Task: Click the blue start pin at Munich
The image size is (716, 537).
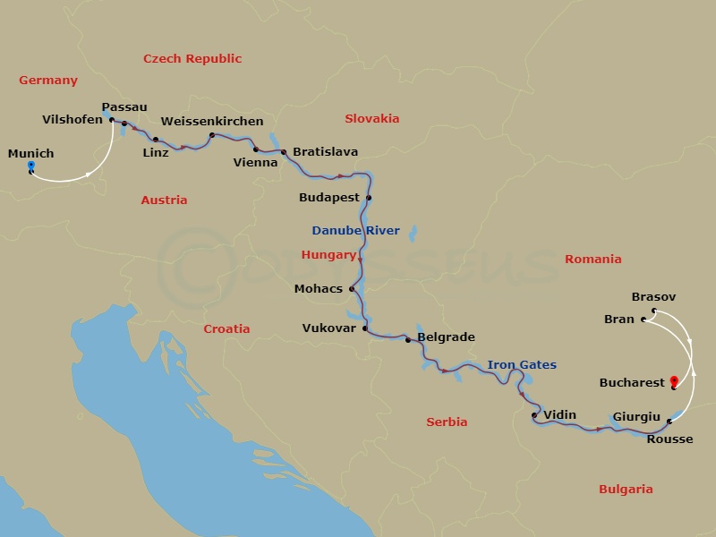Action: point(30,167)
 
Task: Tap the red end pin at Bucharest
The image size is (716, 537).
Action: point(673,383)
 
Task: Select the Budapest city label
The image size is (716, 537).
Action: point(329,198)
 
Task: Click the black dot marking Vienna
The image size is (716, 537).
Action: point(255,149)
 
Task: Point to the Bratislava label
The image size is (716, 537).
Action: point(326,152)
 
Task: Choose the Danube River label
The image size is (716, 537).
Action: point(355,230)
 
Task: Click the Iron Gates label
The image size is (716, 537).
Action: point(522,364)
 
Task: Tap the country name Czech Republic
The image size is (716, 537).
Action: point(192,59)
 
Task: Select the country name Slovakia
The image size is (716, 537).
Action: point(371,118)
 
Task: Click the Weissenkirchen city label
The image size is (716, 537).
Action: point(212,122)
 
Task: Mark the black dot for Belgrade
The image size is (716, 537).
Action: point(408,340)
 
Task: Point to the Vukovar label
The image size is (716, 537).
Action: point(329,328)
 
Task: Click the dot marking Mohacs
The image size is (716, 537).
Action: point(352,288)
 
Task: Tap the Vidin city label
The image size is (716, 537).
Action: point(560,414)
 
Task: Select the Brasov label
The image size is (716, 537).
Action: point(653,297)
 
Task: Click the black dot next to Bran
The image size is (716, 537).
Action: point(644,319)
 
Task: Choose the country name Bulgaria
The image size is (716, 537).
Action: point(626,490)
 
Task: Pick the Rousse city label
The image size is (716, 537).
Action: point(669,439)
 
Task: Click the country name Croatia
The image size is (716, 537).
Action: point(226,329)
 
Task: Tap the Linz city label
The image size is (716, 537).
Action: point(155,153)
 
